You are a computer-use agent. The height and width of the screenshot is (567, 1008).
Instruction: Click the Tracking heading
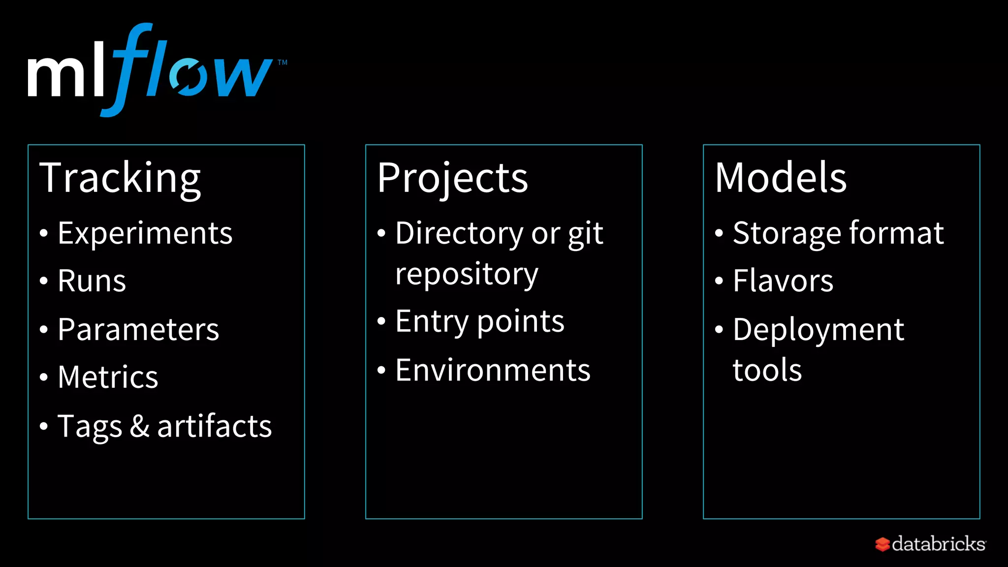120,178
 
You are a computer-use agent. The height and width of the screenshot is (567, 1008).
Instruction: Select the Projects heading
452,178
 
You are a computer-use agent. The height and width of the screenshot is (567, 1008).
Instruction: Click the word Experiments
145,233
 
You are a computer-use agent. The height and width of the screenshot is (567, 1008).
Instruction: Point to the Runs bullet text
92,281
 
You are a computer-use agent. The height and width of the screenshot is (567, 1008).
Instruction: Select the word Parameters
138,329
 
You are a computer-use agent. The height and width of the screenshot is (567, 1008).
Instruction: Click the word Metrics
108,378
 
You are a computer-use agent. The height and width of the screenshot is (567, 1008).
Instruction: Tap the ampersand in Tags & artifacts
139,426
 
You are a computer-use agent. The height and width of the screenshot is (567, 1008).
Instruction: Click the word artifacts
214,426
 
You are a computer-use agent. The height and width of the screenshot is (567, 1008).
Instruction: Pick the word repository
467,274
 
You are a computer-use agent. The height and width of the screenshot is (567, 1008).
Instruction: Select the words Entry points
480,322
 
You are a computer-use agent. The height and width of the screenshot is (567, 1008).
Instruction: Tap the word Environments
493,370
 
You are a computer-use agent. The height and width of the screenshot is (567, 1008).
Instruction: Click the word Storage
786,233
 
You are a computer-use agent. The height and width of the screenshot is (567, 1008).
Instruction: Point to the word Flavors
783,281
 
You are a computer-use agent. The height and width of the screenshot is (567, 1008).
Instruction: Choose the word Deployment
818,330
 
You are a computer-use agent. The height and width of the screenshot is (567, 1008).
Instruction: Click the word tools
767,370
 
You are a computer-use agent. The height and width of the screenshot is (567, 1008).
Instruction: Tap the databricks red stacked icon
882,544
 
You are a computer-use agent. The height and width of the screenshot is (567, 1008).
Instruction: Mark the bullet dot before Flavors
719,281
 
